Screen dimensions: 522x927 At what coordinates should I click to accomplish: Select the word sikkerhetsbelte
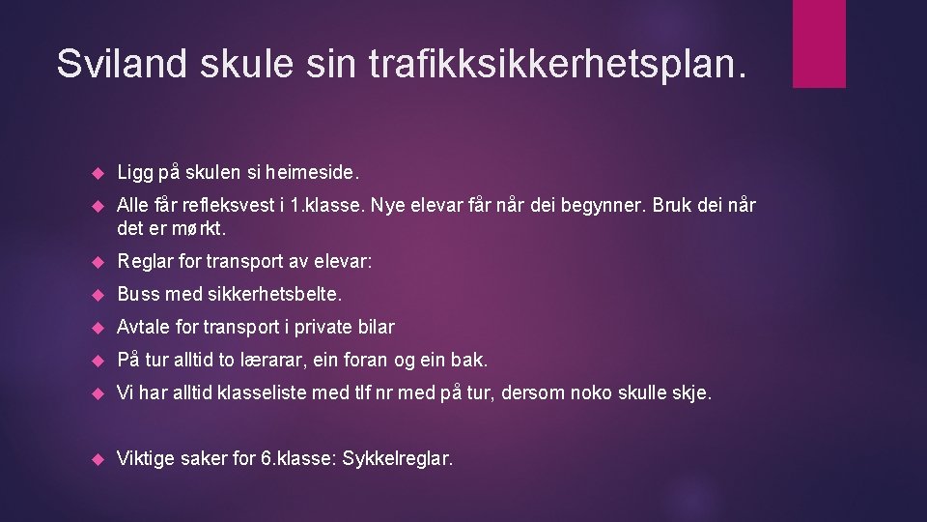point(274,294)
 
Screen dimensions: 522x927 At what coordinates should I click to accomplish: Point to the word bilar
point(375,327)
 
